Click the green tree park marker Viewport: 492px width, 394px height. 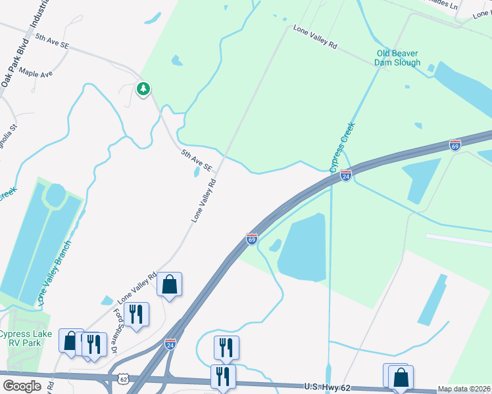point(143,88)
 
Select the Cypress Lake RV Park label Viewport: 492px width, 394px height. point(24,338)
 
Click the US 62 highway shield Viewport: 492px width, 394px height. point(124,379)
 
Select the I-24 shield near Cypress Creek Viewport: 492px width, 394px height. point(346,175)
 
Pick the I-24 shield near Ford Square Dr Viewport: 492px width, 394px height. point(170,343)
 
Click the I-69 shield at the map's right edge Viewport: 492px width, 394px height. point(455,143)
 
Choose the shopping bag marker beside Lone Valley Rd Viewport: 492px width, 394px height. point(169,284)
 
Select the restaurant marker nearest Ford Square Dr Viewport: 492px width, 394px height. point(136,313)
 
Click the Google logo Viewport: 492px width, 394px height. point(22,386)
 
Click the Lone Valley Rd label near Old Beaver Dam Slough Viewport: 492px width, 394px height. point(315,38)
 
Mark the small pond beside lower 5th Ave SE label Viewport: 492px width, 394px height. point(197,173)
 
